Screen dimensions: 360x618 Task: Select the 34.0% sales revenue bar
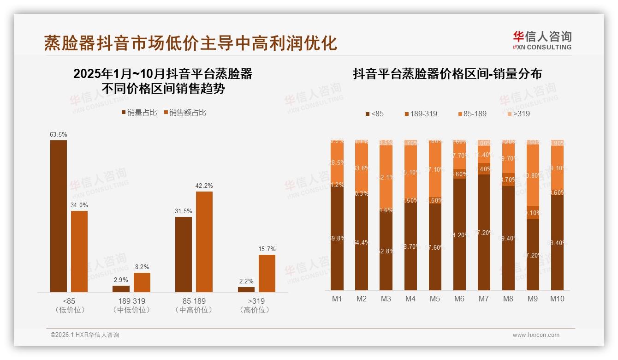(x=79, y=252)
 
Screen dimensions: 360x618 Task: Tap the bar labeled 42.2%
(x=204, y=242)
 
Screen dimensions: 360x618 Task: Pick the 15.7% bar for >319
(x=267, y=273)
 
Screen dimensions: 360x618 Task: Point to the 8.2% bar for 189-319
(x=142, y=282)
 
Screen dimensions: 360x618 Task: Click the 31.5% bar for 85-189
(x=184, y=254)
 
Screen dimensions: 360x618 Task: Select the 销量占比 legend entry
(x=139, y=113)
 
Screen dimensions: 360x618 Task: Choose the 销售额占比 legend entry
(x=184, y=113)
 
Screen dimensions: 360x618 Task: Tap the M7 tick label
(x=483, y=299)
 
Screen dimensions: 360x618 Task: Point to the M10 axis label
(x=557, y=299)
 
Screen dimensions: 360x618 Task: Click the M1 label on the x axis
(x=337, y=299)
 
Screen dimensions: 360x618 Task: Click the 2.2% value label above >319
(x=246, y=282)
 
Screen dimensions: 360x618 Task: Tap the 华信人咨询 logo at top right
(x=542, y=41)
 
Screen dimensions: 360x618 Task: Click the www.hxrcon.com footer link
(x=536, y=335)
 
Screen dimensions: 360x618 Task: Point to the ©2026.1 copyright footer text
(x=85, y=335)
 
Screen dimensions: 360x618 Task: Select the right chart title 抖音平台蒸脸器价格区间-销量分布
(x=447, y=74)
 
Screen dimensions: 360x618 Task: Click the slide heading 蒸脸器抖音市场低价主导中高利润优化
(x=190, y=43)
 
